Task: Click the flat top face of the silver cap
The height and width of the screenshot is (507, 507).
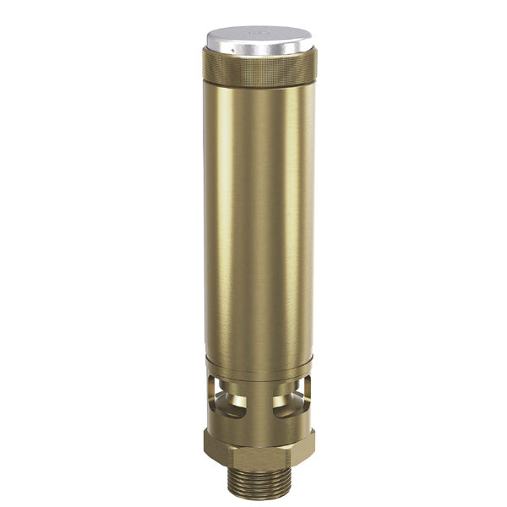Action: pyautogui.click(x=245, y=36)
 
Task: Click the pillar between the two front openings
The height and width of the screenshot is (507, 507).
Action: pyautogui.click(x=259, y=397)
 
